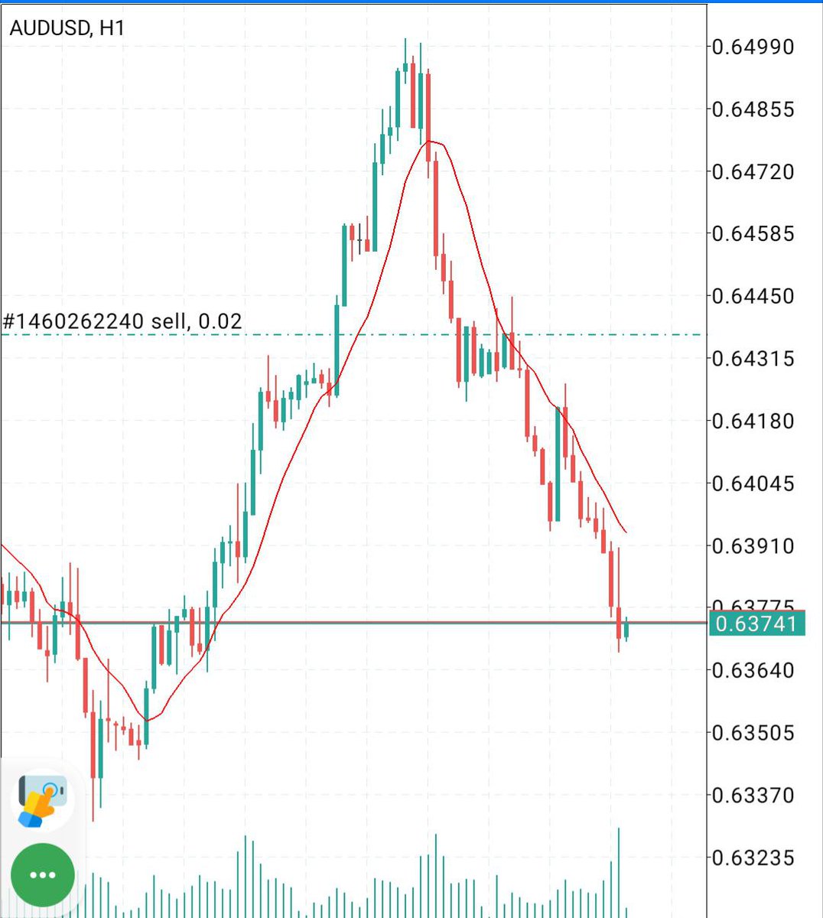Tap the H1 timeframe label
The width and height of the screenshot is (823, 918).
[112, 28]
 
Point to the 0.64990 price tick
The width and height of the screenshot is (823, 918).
[753, 47]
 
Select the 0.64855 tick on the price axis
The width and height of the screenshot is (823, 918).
[753, 109]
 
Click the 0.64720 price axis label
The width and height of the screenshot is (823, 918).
[753, 172]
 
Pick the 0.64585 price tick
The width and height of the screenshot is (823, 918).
[753, 233]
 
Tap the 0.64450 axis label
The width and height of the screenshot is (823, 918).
[753, 296]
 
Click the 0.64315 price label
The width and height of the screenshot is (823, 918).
[753, 359]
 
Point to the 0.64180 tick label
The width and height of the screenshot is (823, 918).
[753, 422]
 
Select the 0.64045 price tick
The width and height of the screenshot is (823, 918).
[753, 484]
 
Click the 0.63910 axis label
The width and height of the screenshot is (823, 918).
[753, 546]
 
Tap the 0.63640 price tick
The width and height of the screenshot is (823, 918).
[753, 671]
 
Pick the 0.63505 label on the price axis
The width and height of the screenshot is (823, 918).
[753, 734]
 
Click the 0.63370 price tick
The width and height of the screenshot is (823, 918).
[753, 796]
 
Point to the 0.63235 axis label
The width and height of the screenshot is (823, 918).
[753, 858]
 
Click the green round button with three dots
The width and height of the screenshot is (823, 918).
[43, 875]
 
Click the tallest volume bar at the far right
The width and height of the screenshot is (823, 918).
[619, 872]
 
